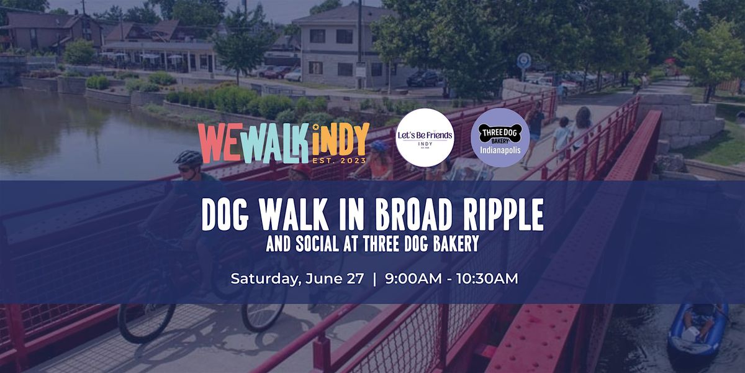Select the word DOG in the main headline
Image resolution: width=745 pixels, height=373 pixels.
click(225, 215)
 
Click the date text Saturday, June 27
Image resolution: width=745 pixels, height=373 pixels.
click(297, 279)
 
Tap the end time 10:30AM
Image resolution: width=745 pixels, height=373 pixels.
click(487, 279)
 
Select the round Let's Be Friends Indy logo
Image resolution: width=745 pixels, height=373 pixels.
click(425, 137)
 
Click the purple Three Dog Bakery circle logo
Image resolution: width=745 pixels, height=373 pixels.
click(500, 137)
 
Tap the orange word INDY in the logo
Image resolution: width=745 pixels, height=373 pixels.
click(341, 140)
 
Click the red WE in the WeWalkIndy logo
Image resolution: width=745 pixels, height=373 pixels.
click(220, 143)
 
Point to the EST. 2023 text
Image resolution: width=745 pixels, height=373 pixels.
click(339, 161)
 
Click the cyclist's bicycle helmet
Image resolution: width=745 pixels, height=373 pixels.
click(188, 157)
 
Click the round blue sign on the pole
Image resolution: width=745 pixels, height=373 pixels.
click(524, 61)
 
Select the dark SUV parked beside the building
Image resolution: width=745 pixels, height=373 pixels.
click(422, 78)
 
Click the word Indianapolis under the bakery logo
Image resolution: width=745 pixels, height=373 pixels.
click(500, 150)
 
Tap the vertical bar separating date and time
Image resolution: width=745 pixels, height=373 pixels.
click(375, 279)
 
